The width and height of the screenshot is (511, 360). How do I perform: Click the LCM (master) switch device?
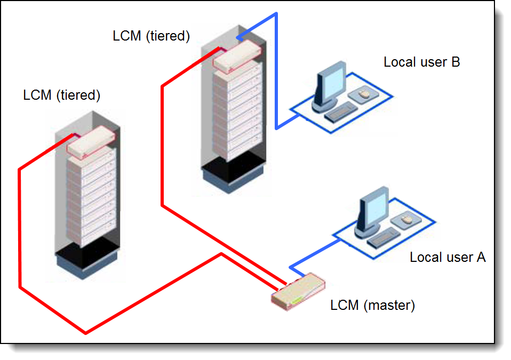(x=298, y=291)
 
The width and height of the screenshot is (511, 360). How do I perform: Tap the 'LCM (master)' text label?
(x=372, y=305)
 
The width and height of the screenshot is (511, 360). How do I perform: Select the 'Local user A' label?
(x=448, y=257)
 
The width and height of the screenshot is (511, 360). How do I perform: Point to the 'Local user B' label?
(x=422, y=62)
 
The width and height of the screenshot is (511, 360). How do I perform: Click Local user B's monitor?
(x=330, y=86)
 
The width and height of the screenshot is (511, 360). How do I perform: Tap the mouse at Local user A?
(x=406, y=220)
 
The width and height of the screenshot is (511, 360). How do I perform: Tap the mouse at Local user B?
(x=364, y=94)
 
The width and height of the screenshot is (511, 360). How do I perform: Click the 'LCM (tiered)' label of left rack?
(x=61, y=95)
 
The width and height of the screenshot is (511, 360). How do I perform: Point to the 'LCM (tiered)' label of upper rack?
(x=151, y=36)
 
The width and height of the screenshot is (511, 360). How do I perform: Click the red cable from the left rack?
(x=85, y=333)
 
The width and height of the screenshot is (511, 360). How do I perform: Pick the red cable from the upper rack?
(x=162, y=146)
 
